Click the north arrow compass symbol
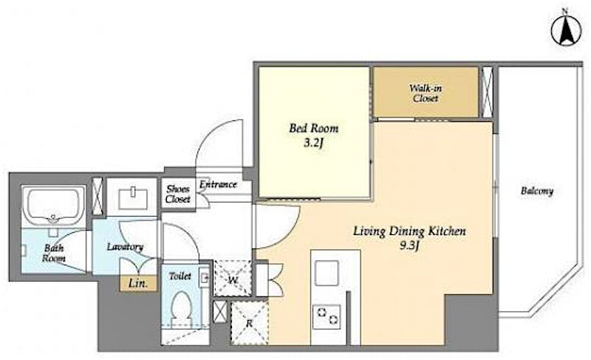pos(566,32)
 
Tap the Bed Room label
pos(313,128)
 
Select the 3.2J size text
pos(313,143)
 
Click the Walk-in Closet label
pos(426,93)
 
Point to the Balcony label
pos(537,191)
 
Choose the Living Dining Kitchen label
pos(409,231)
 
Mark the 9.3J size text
pos(409,245)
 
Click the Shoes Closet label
pos(178,194)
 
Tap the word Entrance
pos(218,184)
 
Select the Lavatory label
pos(125,247)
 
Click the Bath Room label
pos(53,254)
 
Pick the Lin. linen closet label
pos(138,283)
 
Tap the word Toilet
pos(180,276)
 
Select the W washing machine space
pos(233,278)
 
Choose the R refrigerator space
pos(249,323)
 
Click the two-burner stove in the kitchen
pos(327,316)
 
